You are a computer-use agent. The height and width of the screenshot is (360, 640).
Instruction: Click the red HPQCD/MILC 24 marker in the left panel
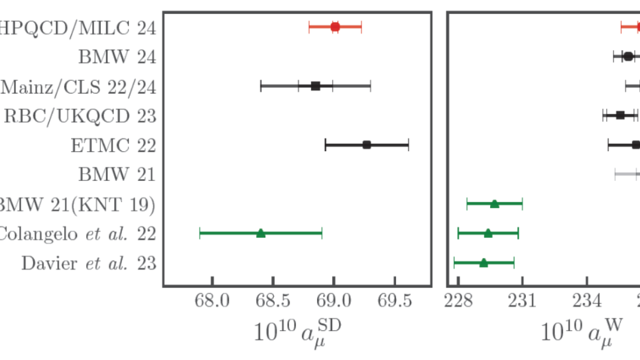(335, 27)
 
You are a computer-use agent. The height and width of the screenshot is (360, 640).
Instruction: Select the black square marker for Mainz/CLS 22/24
(316, 86)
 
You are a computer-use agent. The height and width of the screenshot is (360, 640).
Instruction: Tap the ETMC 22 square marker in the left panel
(367, 145)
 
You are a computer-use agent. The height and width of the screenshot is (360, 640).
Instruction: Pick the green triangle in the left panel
(261, 233)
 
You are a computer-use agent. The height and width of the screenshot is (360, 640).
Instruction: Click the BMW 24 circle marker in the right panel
(628, 56)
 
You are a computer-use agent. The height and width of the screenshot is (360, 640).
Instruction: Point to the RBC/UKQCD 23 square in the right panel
(620, 115)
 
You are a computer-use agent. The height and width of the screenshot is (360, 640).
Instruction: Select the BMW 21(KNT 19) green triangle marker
(494, 204)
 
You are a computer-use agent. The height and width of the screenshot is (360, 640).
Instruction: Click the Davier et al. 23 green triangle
(483, 263)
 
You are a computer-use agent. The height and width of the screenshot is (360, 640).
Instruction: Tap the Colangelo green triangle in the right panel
(488, 233)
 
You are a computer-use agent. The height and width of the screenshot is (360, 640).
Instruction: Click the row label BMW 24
(117, 57)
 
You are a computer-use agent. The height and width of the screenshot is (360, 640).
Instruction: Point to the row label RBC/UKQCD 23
(80, 116)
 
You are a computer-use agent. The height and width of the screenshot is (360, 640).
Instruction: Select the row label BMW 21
(117, 174)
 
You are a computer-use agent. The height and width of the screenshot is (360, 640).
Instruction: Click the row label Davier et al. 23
(89, 263)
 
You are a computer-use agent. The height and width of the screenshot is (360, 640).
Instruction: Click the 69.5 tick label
(395, 301)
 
